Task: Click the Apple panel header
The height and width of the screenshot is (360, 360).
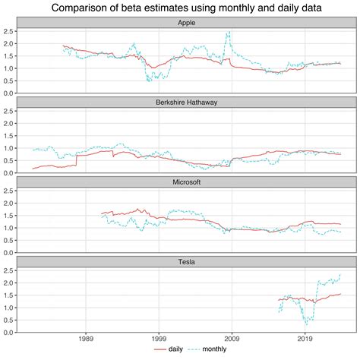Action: [185, 23]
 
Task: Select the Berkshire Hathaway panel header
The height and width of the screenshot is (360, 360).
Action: [185, 103]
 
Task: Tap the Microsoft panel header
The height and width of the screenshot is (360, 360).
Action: [185, 182]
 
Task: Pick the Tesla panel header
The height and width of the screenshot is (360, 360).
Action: [185, 262]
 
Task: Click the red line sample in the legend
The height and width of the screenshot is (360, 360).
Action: [161, 351]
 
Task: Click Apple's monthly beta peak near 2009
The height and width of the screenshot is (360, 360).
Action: [229, 33]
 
